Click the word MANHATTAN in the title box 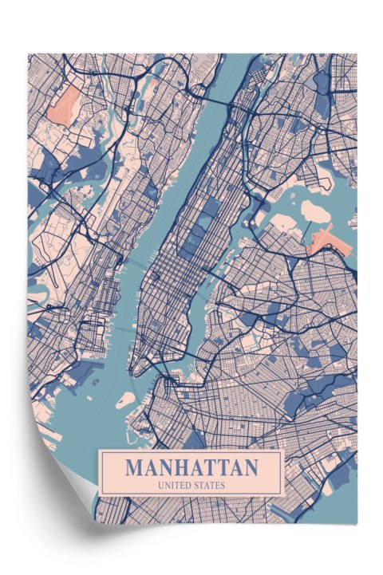coord(191,467)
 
